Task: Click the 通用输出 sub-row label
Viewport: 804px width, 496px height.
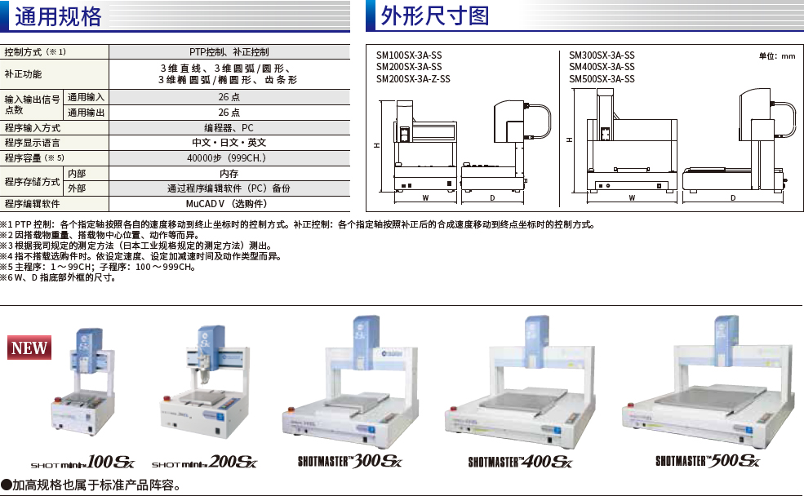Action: pos(87,112)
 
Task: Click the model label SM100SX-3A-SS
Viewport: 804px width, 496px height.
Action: pos(408,55)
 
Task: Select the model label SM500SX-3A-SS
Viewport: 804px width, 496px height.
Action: pos(602,79)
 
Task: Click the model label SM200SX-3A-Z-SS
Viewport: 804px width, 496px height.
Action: pos(413,79)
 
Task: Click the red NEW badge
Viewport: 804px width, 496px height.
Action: pos(29,348)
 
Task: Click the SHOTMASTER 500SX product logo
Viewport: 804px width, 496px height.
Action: pos(708,461)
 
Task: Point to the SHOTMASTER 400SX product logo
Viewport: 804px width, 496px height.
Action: pos(521,462)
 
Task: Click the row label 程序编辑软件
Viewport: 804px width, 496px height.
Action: pos(32,203)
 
